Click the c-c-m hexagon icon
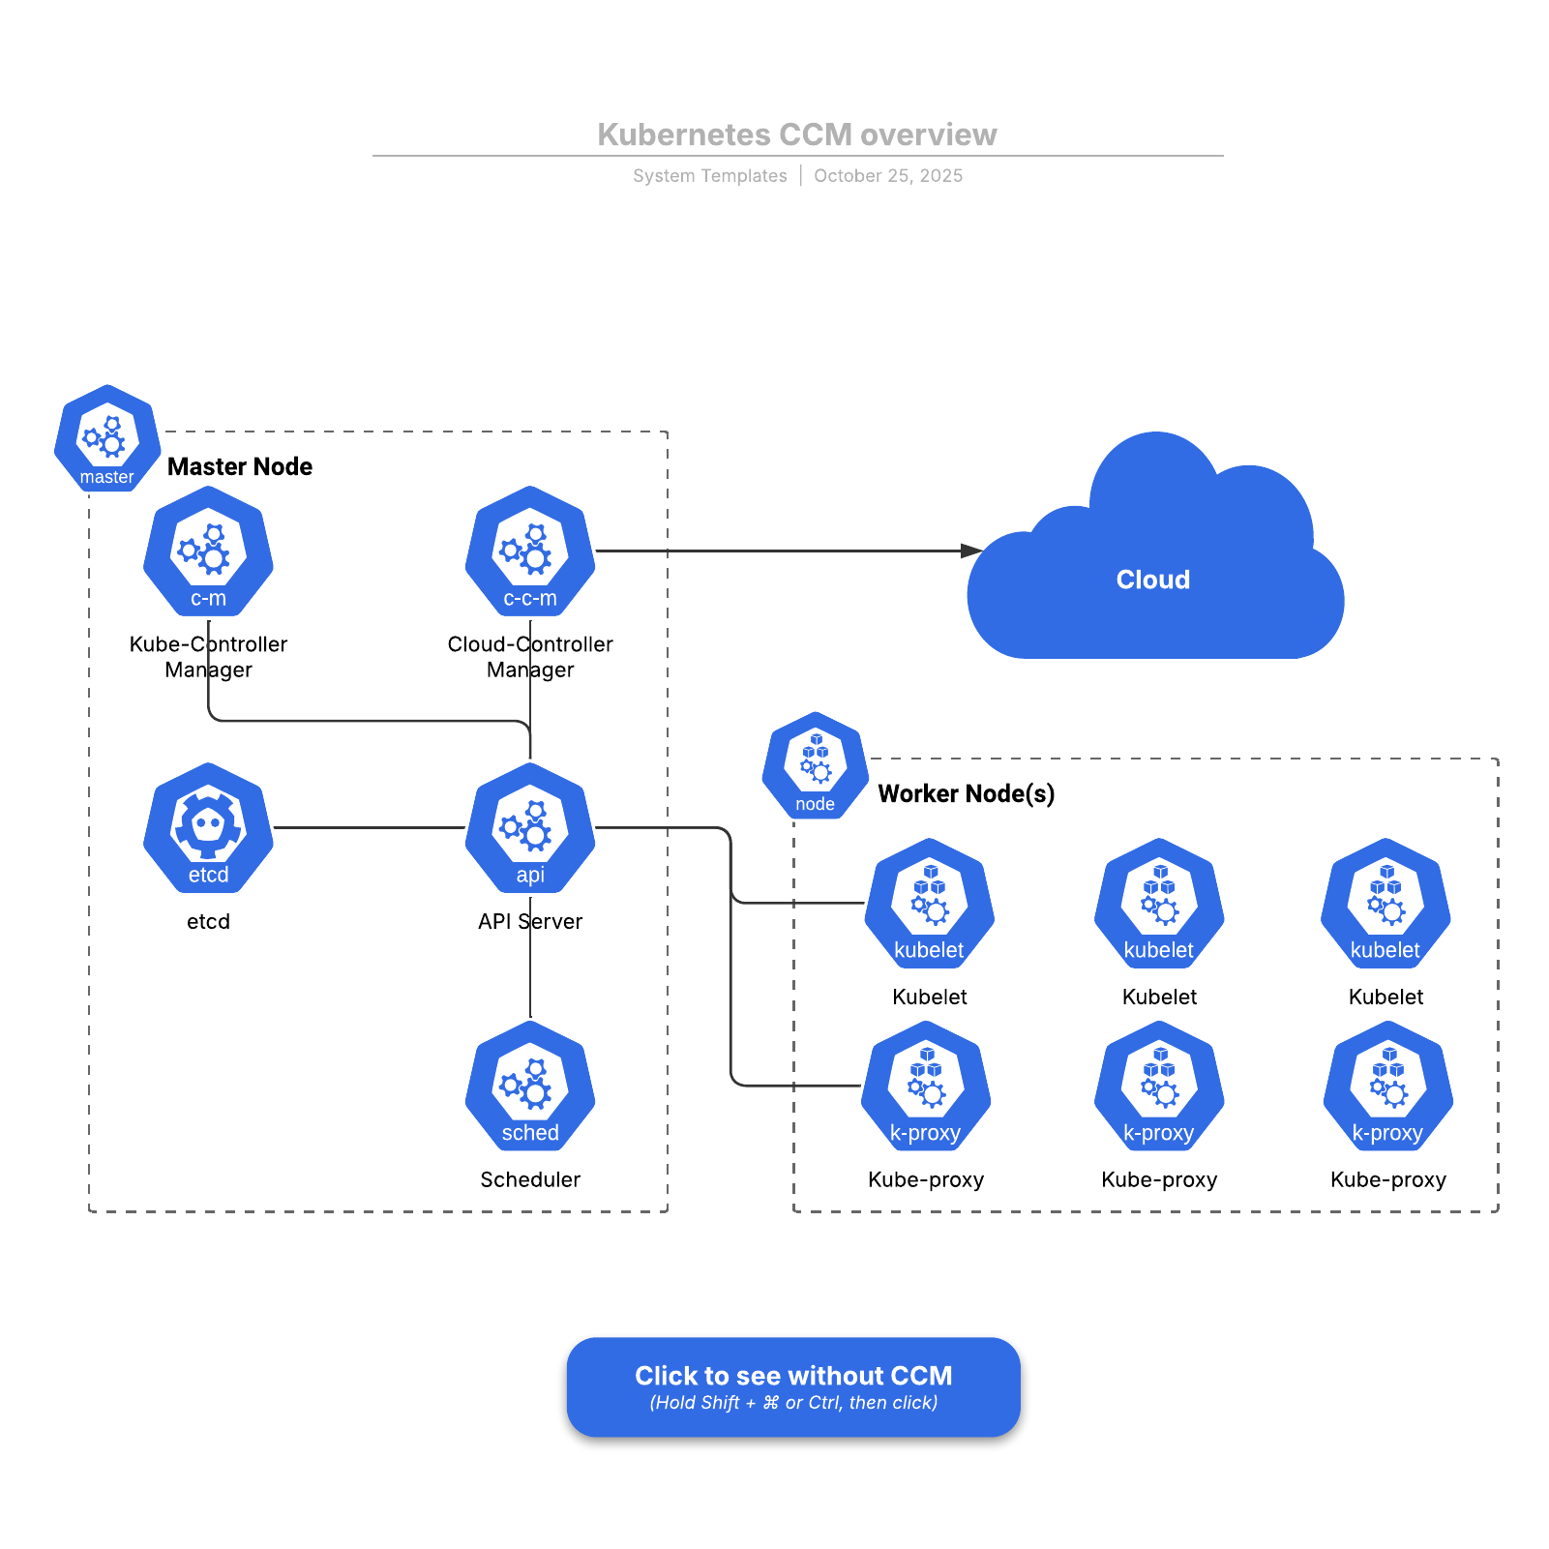tap(530, 551)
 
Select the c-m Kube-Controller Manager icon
tap(208, 551)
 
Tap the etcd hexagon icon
tap(208, 828)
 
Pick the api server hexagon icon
tap(530, 828)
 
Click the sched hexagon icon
tap(530, 1086)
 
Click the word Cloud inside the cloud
tap(1152, 580)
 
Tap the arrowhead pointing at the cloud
tap(971, 551)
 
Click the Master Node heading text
tap(240, 466)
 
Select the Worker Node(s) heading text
tap(966, 793)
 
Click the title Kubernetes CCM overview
tap(796, 134)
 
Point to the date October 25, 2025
tap(887, 176)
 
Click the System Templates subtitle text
tap(709, 176)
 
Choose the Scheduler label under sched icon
tap(530, 1179)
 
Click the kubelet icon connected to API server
tap(930, 904)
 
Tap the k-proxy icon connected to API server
tap(926, 1086)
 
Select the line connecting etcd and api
tap(370, 828)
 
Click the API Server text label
tap(530, 921)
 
